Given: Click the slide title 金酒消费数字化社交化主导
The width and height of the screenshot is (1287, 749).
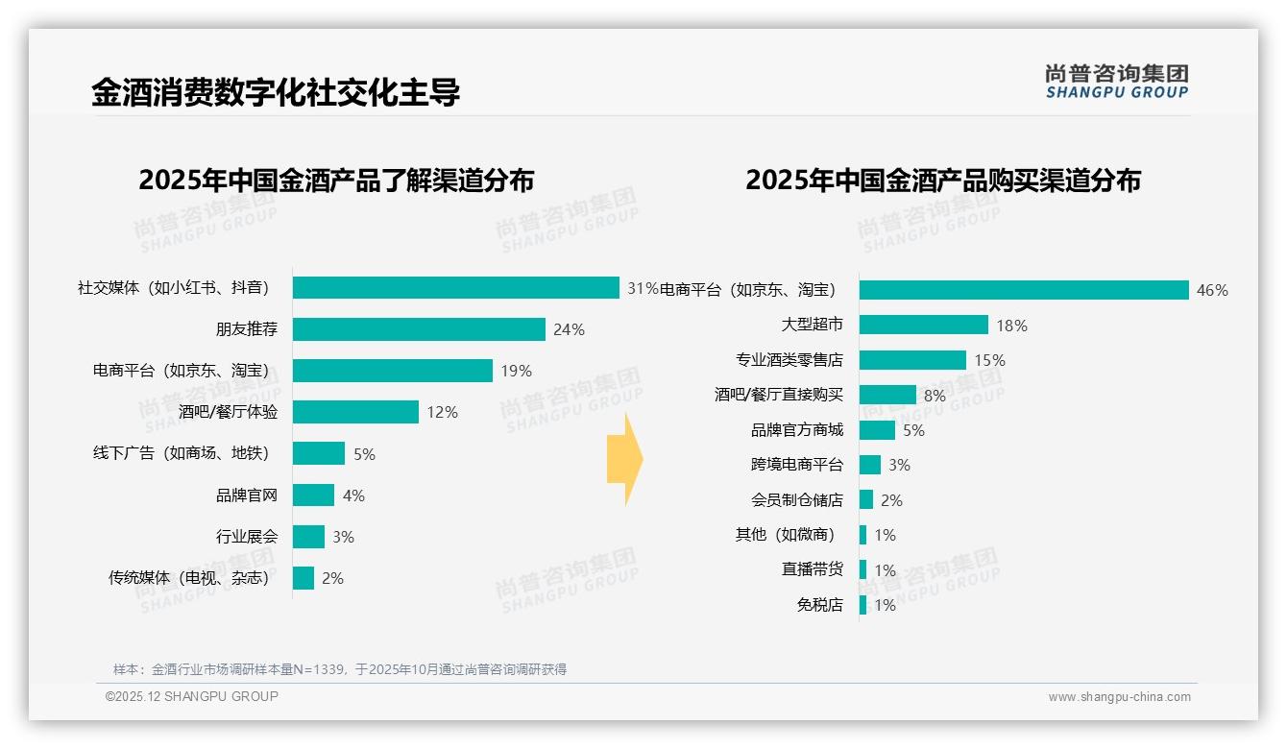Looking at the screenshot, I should tap(276, 93).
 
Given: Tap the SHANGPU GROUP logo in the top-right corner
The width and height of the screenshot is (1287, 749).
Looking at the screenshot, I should tap(1116, 82).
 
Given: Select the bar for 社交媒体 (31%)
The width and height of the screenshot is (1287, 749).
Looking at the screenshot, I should tap(455, 288).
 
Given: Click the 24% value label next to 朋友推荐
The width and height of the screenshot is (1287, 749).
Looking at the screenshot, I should tap(569, 329).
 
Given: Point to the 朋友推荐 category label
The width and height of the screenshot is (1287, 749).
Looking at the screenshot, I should tap(247, 329).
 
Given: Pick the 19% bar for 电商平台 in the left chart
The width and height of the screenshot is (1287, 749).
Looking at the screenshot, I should tap(392, 371).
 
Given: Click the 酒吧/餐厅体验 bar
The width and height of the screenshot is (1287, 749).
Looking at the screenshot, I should tap(355, 412).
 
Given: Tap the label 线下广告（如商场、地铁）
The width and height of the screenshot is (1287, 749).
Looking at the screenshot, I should tap(181, 453).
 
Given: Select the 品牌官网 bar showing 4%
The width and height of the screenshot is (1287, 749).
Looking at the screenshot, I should tap(313, 495).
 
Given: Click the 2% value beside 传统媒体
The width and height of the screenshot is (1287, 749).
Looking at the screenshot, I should tap(332, 578).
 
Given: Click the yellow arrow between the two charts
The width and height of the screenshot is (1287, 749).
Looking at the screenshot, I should tap(624, 459).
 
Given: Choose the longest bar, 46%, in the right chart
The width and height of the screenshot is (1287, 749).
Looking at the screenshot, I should tap(1024, 290).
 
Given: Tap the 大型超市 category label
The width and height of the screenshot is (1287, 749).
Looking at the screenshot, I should tap(813, 326).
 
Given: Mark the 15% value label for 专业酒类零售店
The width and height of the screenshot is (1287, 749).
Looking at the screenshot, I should tap(989, 360).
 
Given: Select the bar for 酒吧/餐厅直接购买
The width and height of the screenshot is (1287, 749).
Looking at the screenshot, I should tap(887, 395).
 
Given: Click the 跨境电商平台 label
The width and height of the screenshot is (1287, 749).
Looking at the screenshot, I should tap(797, 465).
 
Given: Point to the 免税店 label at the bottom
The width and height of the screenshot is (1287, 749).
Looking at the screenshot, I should tap(819, 605).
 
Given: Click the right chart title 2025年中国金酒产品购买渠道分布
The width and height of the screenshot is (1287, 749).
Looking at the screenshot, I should tap(942, 181).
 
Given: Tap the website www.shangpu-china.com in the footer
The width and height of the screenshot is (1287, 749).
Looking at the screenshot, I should tap(1119, 697).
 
